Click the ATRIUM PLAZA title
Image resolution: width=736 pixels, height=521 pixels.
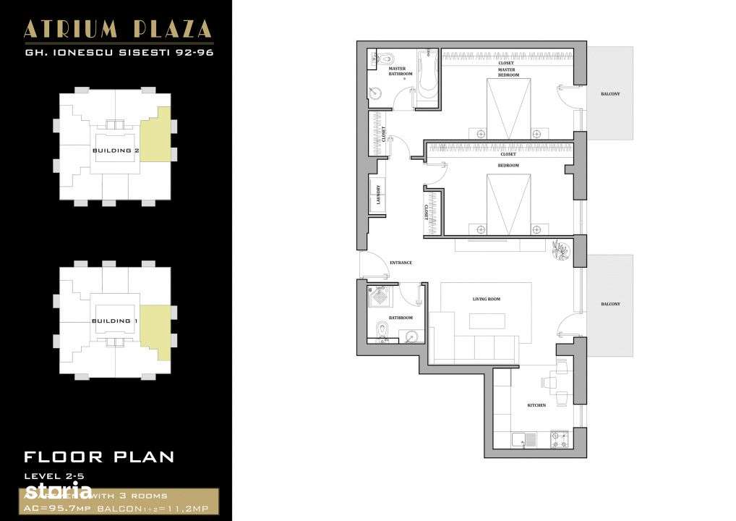coord(118,30)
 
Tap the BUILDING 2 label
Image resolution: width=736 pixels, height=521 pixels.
coord(116,151)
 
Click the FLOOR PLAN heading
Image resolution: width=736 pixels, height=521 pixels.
coord(99,457)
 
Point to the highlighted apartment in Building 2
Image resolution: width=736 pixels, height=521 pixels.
coord(155,134)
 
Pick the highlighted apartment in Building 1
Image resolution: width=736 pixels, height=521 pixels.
coord(155,333)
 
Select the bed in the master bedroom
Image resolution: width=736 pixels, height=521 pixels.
coord(509,109)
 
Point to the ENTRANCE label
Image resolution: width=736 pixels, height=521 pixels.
coord(401,263)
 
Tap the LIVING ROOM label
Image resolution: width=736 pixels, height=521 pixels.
coord(486,299)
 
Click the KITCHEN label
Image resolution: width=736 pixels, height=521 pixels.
coord(536,405)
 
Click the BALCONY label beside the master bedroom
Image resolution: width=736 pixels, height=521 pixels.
coord(609,94)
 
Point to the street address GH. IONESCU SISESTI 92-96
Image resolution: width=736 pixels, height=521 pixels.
coord(118,52)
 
